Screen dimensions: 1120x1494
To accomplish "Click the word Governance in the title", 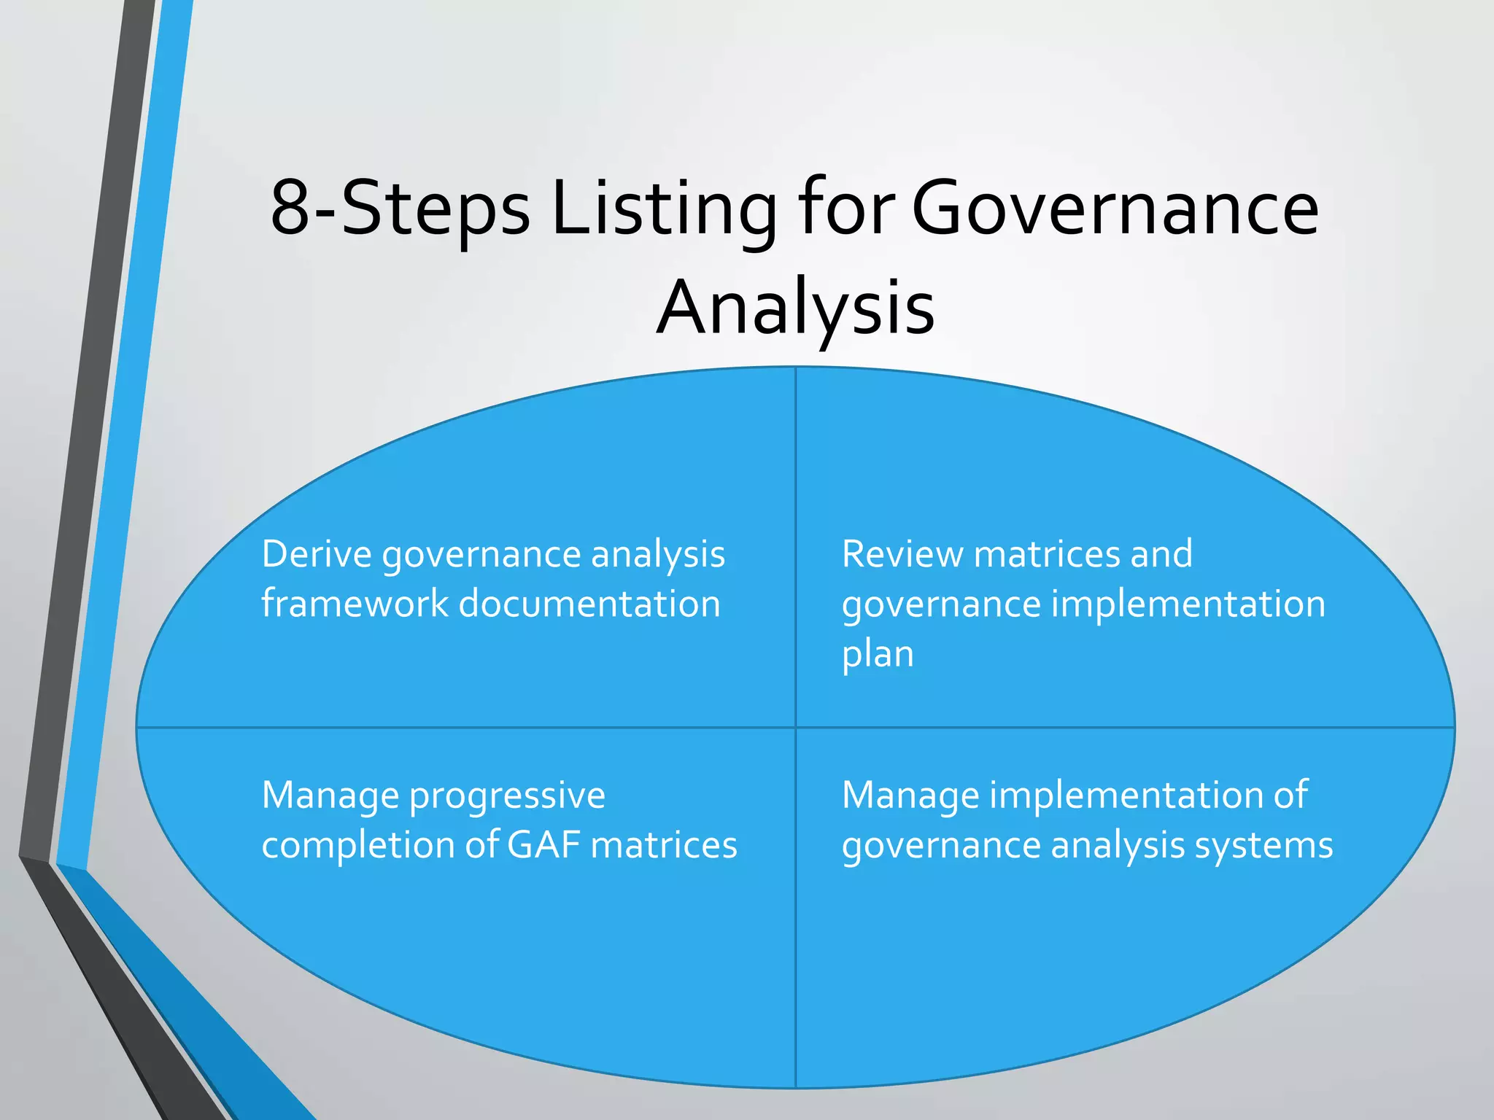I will tap(1115, 209).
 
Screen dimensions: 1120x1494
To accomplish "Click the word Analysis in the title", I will tap(795, 308).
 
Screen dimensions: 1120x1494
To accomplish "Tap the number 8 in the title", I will tap(290, 209).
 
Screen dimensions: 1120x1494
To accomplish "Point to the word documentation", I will tap(589, 604).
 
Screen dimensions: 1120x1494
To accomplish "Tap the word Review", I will tap(902, 554).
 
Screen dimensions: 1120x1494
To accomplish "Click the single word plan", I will tap(878, 655).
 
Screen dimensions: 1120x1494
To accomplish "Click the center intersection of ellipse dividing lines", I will tap(795, 727).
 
